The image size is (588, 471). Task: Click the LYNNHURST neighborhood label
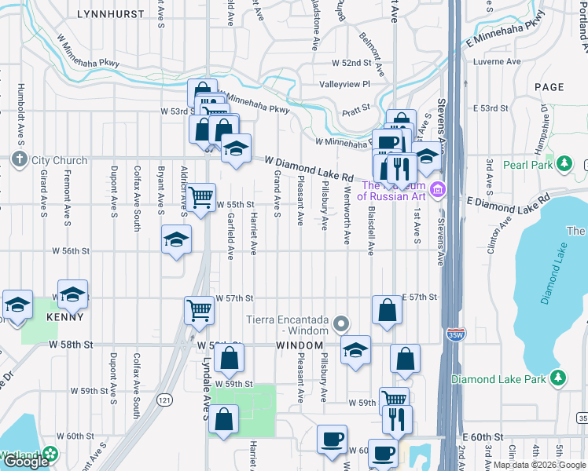tap(111, 14)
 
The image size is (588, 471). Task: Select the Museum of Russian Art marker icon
tap(438, 189)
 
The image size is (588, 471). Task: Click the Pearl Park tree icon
tap(563, 162)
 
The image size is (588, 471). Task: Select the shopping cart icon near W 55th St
tap(201, 198)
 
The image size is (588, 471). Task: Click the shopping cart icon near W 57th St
tap(199, 310)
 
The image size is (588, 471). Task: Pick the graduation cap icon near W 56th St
tap(176, 240)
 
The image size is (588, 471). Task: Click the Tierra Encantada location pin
tap(340, 323)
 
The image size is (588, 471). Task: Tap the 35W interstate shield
tap(454, 334)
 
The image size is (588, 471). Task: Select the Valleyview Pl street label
tap(344, 84)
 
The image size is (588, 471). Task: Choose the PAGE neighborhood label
tap(549, 87)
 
